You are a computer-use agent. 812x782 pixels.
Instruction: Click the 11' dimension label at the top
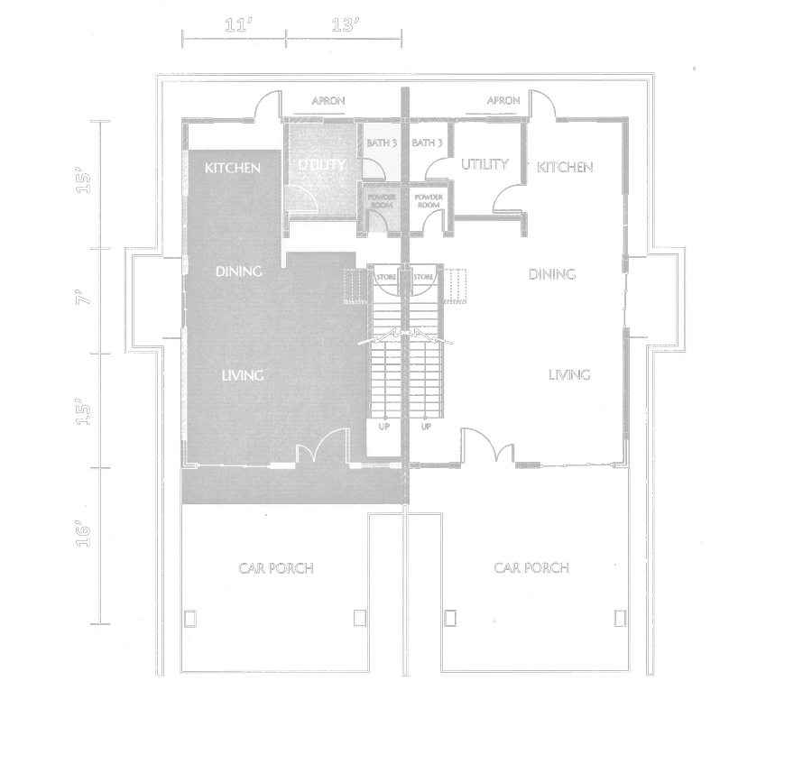(x=237, y=25)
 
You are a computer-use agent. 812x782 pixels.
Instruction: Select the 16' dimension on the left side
(x=83, y=535)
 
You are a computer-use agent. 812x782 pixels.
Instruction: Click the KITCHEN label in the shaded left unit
(x=233, y=168)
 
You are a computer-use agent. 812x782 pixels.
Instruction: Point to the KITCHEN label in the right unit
(x=565, y=167)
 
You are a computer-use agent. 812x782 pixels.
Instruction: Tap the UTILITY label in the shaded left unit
(x=322, y=165)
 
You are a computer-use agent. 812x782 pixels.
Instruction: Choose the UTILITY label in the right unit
(x=484, y=165)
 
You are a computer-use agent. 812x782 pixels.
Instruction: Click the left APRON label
(x=328, y=101)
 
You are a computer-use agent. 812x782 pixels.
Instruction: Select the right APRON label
(x=503, y=100)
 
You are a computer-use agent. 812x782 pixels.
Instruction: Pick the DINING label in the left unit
(x=238, y=271)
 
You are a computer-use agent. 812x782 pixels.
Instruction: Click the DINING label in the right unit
(x=552, y=274)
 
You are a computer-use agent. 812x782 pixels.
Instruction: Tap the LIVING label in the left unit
(x=242, y=375)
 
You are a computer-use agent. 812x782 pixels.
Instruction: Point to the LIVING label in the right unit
(x=569, y=374)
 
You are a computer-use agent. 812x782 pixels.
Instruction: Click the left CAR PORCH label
(x=276, y=568)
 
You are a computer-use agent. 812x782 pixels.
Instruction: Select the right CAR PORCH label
(x=531, y=567)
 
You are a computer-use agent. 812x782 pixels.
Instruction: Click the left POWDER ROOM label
(x=382, y=200)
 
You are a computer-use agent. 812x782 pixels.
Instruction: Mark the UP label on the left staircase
(x=383, y=427)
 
